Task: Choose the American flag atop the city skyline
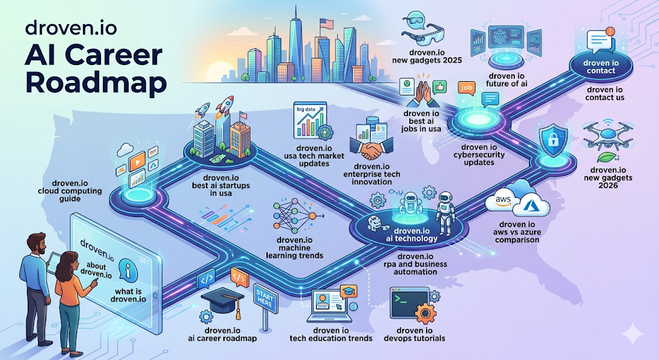pyautogui.click(x=326, y=24)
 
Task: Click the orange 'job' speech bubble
pyautogui.click(x=467, y=88)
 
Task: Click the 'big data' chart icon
pyautogui.click(x=310, y=120)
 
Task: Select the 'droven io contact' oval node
pyautogui.click(x=601, y=67)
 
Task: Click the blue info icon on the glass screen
pyautogui.click(x=128, y=270)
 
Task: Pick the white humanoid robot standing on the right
pyautogui.click(x=445, y=213)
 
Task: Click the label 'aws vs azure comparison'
pyautogui.click(x=517, y=232)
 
